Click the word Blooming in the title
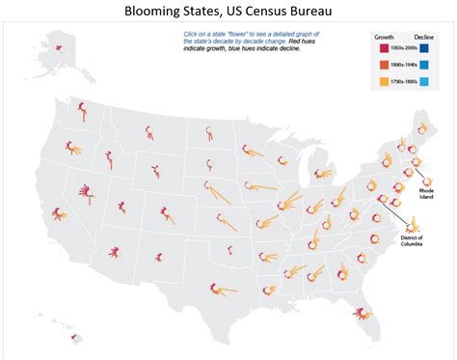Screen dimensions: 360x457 (159, 12)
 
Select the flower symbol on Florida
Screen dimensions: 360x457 (362, 311)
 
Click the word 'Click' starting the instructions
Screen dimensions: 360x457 (192, 34)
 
